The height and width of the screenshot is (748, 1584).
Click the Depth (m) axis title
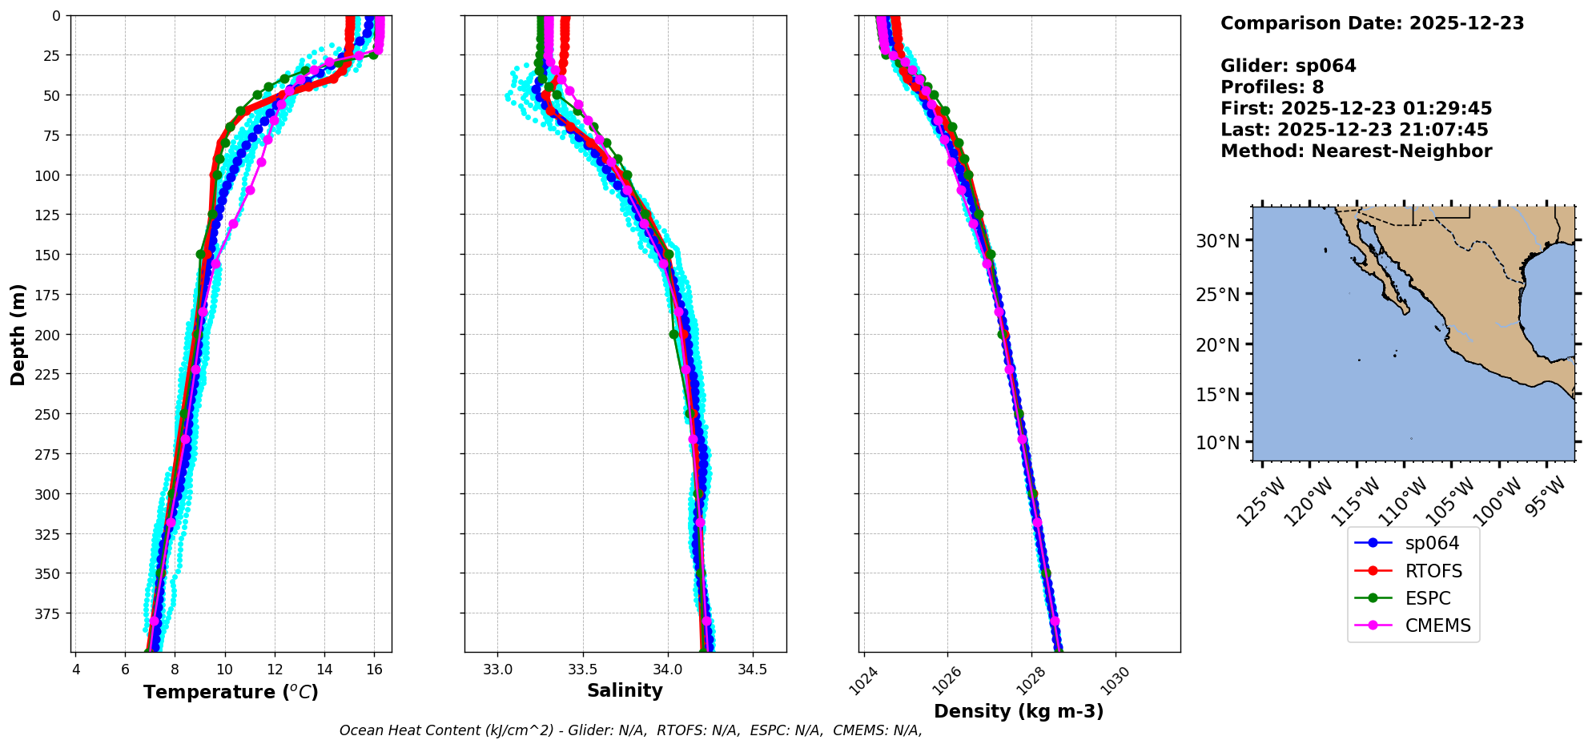tap(18, 334)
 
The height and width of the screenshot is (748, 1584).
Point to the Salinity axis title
tap(625, 690)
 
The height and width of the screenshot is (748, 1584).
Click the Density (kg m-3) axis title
tap(1019, 711)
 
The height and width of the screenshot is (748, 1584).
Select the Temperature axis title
tap(231, 692)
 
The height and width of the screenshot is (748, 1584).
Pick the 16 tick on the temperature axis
tap(374, 670)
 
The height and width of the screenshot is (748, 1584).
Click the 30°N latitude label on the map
tap(1217, 241)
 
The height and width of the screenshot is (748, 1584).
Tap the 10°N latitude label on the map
tap(1217, 443)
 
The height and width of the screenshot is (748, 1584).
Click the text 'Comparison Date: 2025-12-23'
tap(1372, 23)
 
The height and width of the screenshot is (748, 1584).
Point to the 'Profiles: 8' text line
tap(1272, 87)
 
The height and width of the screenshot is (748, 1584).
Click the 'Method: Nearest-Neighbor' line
tap(1356, 151)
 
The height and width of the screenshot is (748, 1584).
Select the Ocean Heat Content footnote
tap(630, 730)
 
